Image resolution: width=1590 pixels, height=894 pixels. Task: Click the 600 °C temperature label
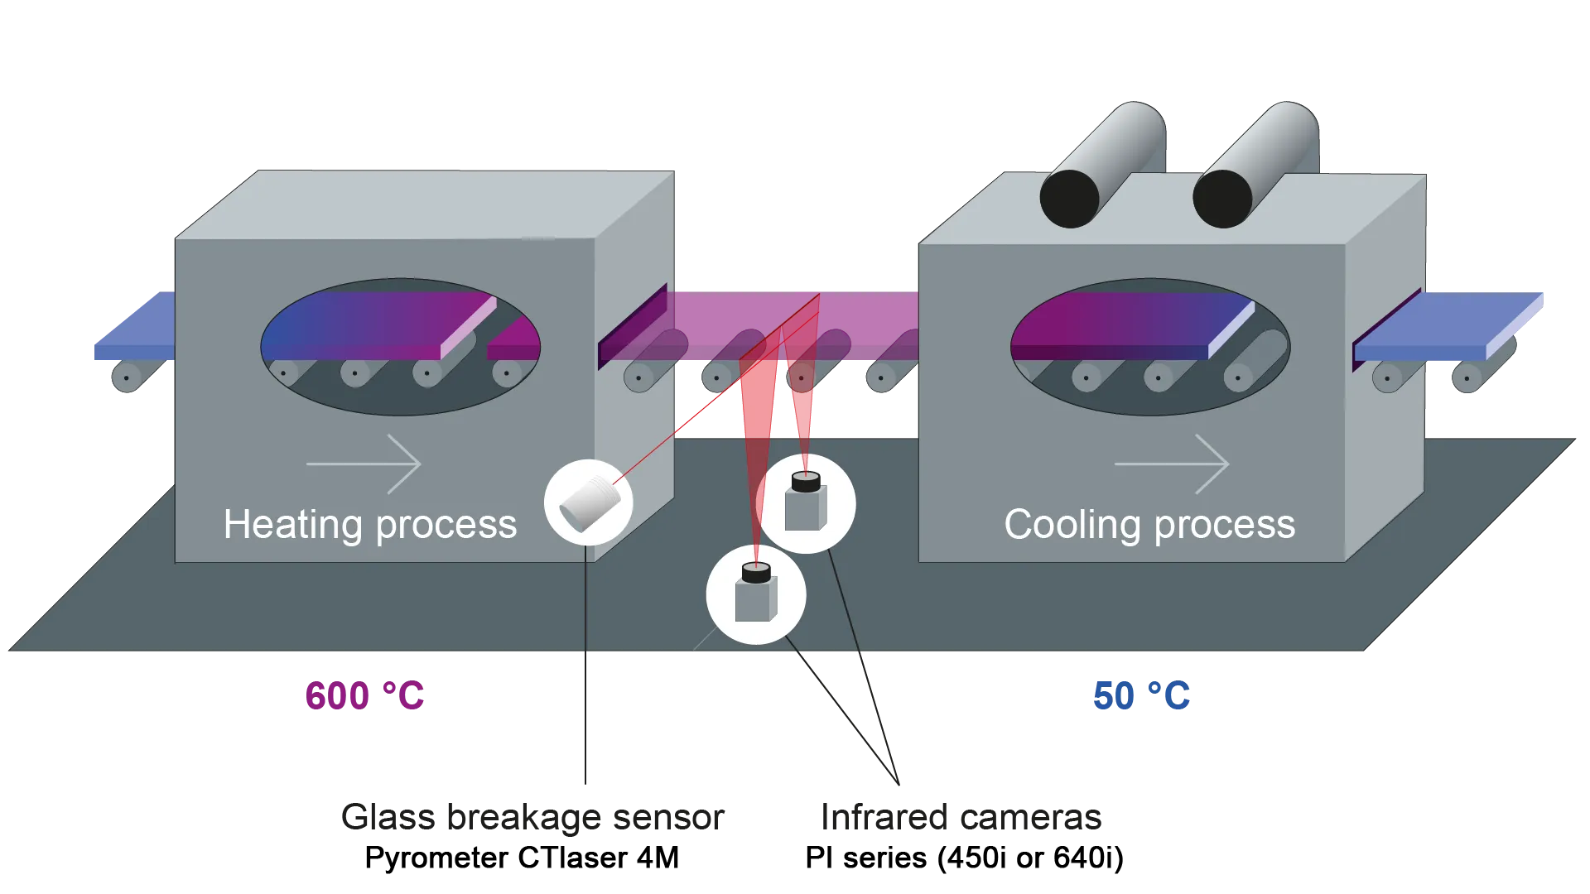(364, 696)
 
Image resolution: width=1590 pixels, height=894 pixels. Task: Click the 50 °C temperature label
(1141, 696)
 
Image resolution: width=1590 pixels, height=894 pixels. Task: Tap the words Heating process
(370, 525)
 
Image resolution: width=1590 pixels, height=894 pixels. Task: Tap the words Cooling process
(1149, 525)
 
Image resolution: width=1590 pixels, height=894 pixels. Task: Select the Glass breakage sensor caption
(532, 818)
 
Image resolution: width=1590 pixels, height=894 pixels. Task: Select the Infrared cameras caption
(961, 818)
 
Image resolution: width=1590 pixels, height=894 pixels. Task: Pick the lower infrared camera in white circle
(755, 594)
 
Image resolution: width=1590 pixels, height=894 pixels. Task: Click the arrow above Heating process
(364, 464)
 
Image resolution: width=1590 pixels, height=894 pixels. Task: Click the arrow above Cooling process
(1172, 464)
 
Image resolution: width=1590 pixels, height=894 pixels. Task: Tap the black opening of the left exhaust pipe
(1069, 199)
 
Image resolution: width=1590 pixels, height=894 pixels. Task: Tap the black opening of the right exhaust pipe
(1222, 199)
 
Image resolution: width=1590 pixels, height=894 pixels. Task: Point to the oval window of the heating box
(401, 347)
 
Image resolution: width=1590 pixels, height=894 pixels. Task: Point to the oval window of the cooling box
(1150, 347)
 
